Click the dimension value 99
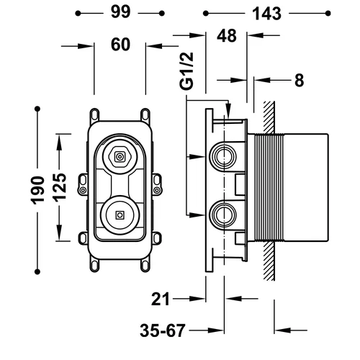pos(120,12)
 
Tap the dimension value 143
pos(266,14)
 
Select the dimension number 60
pos(120,45)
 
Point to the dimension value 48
pos(227,36)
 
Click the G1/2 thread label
pos(186,71)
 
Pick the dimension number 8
pos(299,80)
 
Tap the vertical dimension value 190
pos(37,191)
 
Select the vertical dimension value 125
pos(59,187)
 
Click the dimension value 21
pos(161,299)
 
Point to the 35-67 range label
pos(163,330)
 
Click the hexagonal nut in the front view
pos(120,157)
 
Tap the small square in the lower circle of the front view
pos(120,215)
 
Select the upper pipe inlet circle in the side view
pos(223,157)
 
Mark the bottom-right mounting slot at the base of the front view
pos(145,265)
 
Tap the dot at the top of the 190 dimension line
pos(37,109)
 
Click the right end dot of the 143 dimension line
pos(328,13)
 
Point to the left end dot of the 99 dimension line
pos(78,13)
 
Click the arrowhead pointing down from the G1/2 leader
pos(229,111)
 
